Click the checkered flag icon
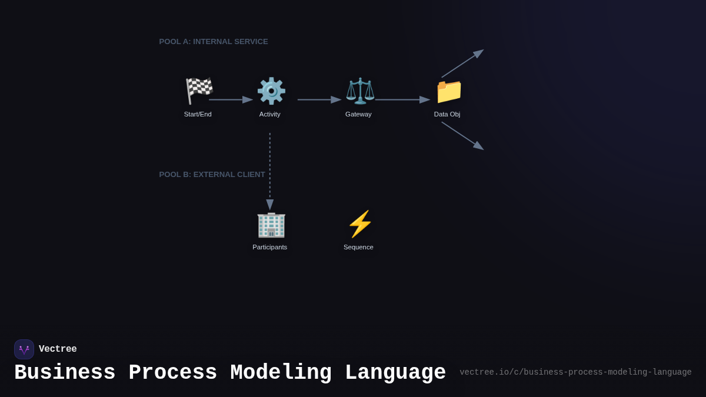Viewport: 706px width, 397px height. click(x=199, y=91)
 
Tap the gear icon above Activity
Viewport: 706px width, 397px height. click(x=271, y=91)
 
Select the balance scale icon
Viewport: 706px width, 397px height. click(x=359, y=91)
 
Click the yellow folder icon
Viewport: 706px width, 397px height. click(x=449, y=91)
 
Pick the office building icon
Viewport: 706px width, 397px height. click(x=271, y=224)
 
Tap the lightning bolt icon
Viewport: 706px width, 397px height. click(x=359, y=224)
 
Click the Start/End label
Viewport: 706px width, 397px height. click(x=198, y=114)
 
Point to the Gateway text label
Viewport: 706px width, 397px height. click(x=358, y=114)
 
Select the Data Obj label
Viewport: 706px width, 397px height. click(x=447, y=114)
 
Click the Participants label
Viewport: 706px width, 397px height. click(x=270, y=247)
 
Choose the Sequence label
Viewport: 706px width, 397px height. click(x=358, y=247)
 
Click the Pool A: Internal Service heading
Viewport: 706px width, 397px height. click(x=214, y=42)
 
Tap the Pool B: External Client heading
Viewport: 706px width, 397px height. click(x=212, y=175)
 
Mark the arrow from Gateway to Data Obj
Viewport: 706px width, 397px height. click(x=402, y=100)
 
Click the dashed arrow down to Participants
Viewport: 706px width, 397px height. click(x=270, y=171)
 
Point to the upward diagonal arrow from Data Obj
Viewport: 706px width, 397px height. click(x=462, y=64)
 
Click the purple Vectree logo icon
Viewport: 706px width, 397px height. click(x=24, y=349)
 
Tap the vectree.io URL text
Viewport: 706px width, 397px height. click(x=575, y=372)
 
